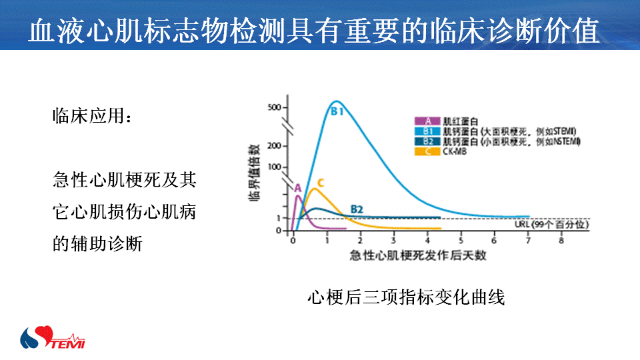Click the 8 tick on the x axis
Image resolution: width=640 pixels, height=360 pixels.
coord(561,241)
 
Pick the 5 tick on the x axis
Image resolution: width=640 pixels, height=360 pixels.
coord(461,241)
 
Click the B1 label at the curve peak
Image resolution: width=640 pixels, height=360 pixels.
coord(337,111)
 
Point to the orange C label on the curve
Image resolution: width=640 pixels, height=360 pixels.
coord(320,183)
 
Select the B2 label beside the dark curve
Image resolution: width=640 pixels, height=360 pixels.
coord(357,209)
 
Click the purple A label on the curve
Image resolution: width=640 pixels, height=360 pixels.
coord(297,188)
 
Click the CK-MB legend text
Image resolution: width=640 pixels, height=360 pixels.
coord(454,151)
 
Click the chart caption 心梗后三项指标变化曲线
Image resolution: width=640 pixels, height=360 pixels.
coord(406,297)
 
